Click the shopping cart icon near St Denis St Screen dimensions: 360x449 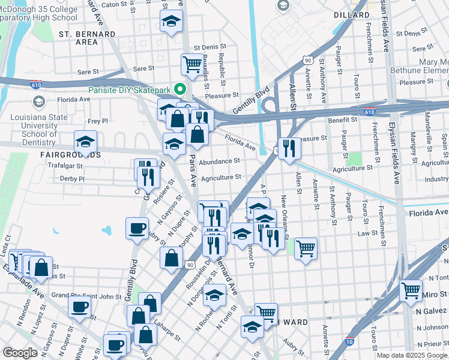(x=192, y=64)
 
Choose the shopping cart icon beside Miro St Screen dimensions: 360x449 (x=411, y=291)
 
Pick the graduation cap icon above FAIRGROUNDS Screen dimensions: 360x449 (x=85, y=142)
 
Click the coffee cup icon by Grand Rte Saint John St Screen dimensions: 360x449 (x=79, y=308)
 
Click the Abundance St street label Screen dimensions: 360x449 (x=220, y=161)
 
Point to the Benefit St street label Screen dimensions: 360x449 (x=342, y=120)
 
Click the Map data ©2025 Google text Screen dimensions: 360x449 (x=411, y=355)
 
